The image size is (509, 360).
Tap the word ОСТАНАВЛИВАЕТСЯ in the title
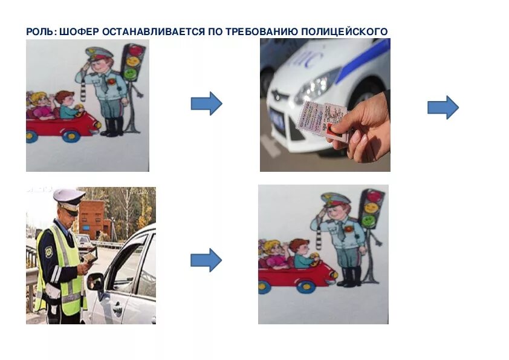(x=154, y=31)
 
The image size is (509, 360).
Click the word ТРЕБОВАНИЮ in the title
(x=258, y=31)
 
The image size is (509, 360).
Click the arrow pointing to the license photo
(x=206, y=103)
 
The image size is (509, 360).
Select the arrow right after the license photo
(x=443, y=107)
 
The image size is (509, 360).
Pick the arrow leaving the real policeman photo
(x=206, y=260)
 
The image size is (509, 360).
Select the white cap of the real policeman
(x=68, y=197)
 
